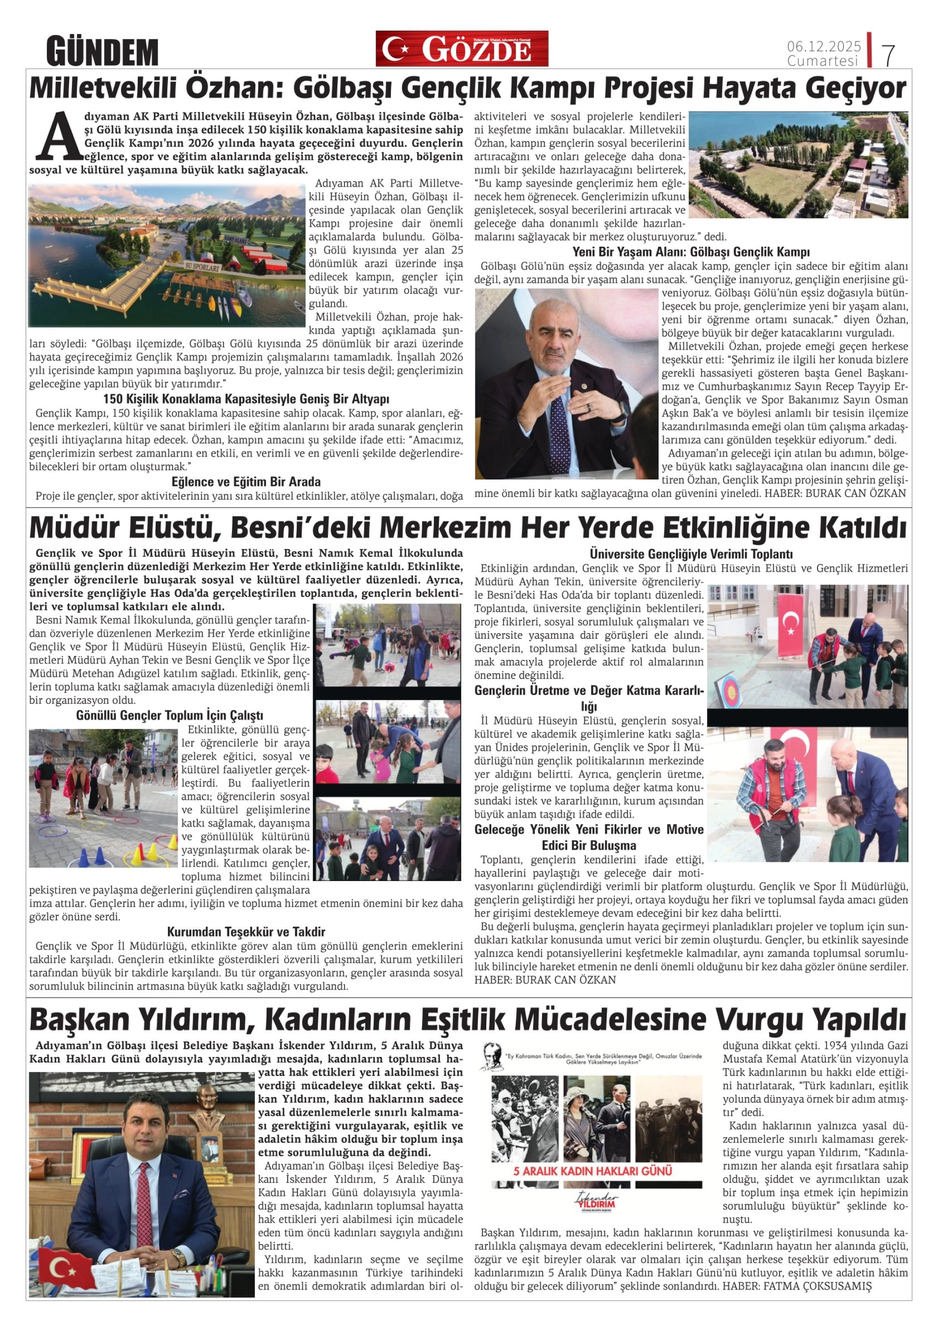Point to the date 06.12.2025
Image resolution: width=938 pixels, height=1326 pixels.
[823, 46]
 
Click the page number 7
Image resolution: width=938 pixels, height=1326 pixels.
[888, 55]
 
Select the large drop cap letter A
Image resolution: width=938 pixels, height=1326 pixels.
[58, 136]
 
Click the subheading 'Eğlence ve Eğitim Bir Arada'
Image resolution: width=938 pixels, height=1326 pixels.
[246, 481]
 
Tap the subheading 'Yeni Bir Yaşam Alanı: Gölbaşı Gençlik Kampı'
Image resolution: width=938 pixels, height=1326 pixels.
[691, 252]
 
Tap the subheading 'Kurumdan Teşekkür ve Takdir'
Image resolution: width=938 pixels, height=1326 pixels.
[246, 931]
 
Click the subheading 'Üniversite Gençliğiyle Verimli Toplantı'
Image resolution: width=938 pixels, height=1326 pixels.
[691, 554]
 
